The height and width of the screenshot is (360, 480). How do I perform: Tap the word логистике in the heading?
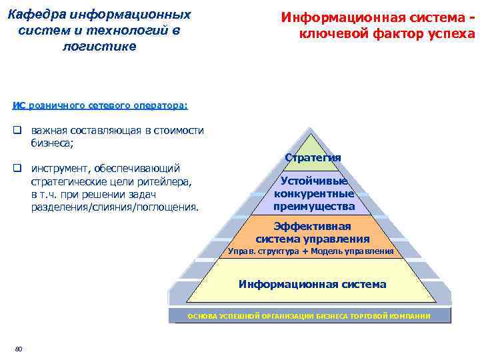pos(99,46)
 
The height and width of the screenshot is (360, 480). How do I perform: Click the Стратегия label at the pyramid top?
pos(313,157)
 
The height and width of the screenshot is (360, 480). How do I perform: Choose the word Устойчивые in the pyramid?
pos(313,181)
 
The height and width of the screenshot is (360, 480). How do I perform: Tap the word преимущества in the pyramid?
pos(313,207)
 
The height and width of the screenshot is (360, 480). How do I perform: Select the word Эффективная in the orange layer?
pos(313,226)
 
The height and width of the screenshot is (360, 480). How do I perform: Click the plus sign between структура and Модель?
pos(305,251)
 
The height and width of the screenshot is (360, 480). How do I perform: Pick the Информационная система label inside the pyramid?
pos(313,284)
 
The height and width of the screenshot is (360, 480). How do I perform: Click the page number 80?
pos(19,349)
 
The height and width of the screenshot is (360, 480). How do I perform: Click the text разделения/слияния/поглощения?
pos(115,207)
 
